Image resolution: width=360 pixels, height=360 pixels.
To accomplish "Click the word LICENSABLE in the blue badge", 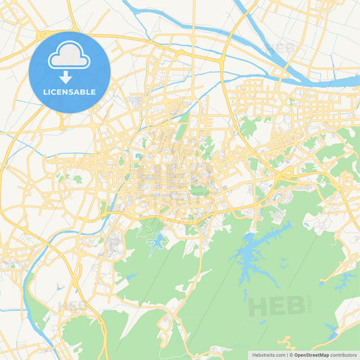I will [x=70, y=91].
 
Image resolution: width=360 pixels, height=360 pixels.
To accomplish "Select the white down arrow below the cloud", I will [x=66, y=78].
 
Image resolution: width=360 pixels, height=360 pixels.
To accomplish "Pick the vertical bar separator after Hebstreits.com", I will [x=288, y=354].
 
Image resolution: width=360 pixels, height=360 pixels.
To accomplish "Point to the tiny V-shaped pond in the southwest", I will [x=60, y=286].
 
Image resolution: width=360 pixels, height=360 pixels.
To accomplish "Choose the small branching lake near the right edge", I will [x=344, y=278].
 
